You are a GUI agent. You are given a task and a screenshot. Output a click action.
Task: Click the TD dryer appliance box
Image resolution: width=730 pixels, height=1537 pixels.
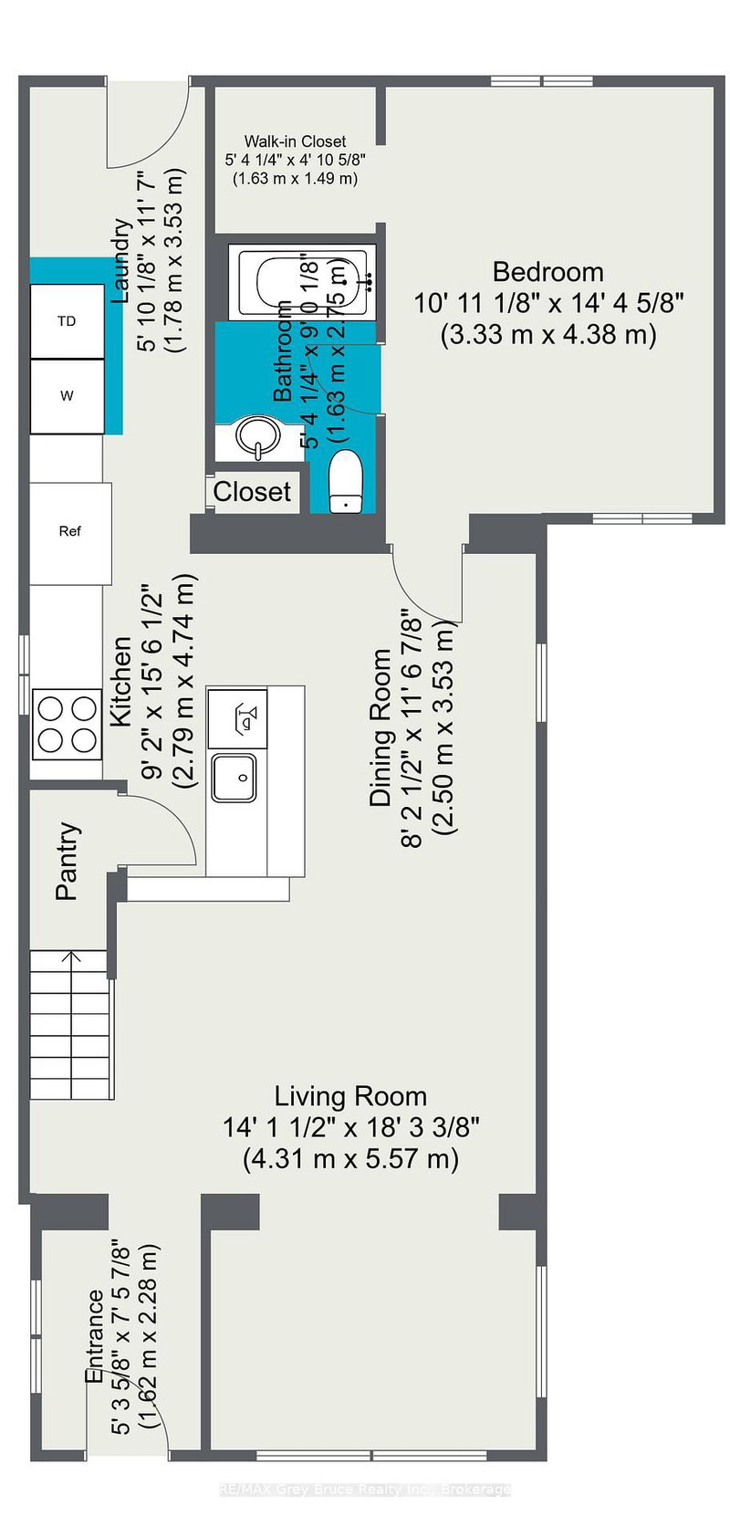tap(67, 321)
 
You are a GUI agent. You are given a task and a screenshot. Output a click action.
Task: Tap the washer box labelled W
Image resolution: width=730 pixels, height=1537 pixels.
tap(67, 396)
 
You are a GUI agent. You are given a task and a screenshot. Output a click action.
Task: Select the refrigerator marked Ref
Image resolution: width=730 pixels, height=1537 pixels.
tap(70, 531)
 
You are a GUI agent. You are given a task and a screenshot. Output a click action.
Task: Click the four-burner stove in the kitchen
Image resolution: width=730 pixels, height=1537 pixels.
tap(66, 724)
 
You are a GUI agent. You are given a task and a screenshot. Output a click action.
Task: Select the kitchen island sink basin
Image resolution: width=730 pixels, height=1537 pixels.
tap(235, 778)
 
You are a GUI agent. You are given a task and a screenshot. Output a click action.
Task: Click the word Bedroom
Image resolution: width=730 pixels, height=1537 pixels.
tap(547, 272)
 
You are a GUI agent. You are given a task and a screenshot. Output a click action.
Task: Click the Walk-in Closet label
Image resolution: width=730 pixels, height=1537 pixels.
tap(295, 141)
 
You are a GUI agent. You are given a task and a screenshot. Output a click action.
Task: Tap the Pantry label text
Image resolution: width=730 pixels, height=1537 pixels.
tap(67, 862)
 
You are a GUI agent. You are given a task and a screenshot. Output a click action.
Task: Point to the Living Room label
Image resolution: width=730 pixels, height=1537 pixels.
tap(350, 1096)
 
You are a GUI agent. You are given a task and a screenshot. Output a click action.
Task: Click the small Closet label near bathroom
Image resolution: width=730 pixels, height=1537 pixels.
tap(252, 492)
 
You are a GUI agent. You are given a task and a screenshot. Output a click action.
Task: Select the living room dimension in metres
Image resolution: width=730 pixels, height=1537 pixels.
tap(350, 1159)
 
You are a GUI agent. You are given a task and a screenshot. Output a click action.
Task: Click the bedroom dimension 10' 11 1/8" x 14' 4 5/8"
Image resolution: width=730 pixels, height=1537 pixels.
tap(548, 303)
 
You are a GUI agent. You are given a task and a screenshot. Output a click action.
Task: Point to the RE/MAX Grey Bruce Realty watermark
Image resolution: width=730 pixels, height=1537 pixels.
tap(365, 1490)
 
